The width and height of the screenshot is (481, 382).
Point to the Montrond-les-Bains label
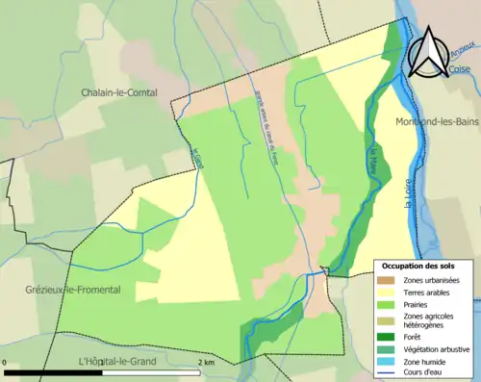(437, 121)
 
